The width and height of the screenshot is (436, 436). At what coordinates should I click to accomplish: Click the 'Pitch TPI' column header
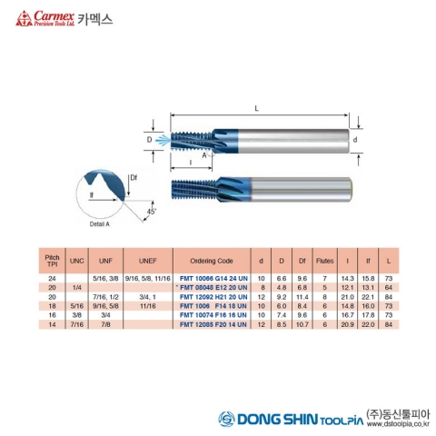[52, 259]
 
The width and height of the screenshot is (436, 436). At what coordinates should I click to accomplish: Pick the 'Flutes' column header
[324, 259]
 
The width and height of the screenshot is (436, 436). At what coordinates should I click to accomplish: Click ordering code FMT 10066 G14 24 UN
[212, 276]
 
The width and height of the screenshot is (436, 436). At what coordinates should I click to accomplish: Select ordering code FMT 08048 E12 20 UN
[212, 286]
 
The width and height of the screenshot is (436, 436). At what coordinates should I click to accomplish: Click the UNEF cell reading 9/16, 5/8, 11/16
[148, 276]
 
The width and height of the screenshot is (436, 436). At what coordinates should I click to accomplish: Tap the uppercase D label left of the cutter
[149, 141]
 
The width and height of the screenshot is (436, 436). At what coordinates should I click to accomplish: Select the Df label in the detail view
[134, 176]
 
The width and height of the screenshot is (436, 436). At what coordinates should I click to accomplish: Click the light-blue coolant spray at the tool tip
[162, 141]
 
